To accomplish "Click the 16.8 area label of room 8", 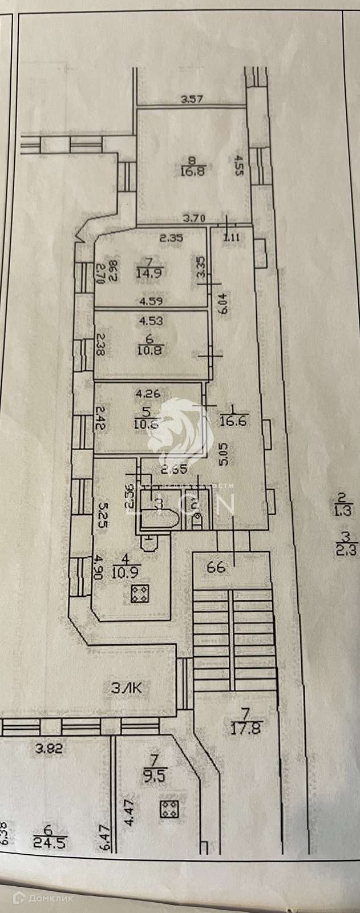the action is click(188, 169).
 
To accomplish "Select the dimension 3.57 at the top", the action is click(192, 100).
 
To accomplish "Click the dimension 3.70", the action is click(193, 217).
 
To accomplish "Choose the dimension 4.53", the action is click(151, 321).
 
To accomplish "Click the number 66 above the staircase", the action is click(217, 567).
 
